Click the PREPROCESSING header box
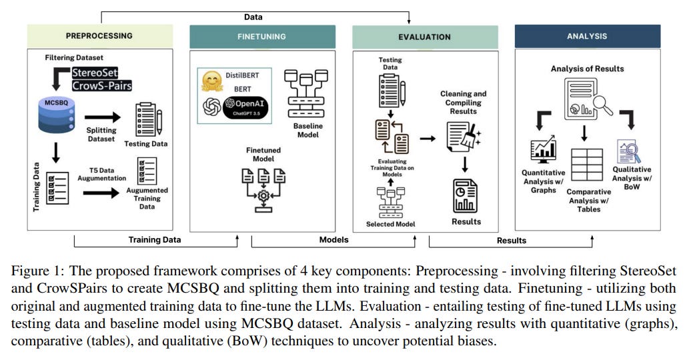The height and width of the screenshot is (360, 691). point(100,36)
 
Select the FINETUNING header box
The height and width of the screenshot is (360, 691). point(262,37)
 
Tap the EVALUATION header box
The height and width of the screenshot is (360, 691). point(425,37)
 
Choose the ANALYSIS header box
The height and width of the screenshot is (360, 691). point(588,36)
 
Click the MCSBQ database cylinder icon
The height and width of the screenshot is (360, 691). point(57,115)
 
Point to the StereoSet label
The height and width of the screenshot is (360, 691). point(95,73)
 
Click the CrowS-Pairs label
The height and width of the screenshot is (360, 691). point(102,85)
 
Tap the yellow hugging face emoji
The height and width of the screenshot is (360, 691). point(212,81)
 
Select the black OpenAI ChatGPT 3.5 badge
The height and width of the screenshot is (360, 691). point(245,107)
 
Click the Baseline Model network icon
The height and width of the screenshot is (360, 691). point(306,93)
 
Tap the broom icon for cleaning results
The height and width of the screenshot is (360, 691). point(471,136)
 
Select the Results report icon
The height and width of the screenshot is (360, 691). point(465,195)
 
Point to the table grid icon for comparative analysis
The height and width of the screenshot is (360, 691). point(587,165)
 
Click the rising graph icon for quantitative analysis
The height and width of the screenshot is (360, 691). point(544,149)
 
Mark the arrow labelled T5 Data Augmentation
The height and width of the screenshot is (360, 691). point(101,193)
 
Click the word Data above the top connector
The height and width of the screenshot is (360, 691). point(253,17)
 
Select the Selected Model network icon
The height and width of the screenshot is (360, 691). point(391,202)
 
